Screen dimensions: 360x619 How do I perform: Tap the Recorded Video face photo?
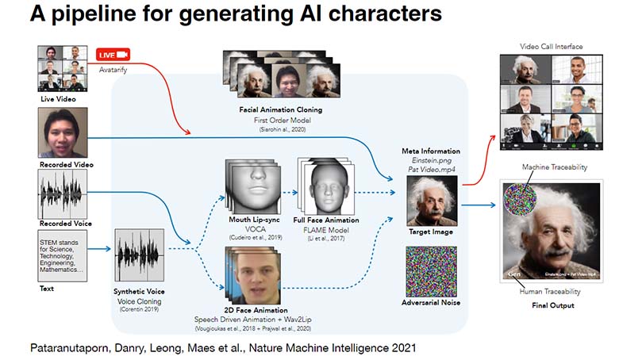[x=62, y=132]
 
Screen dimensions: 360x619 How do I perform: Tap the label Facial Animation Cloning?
[x=271, y=109]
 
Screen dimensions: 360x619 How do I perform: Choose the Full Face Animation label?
[x=327, y=220]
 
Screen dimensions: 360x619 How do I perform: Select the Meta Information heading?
[x=430, y=151]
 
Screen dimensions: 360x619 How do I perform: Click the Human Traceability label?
[x=550, y=292]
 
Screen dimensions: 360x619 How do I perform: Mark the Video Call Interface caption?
[x=550, y=48]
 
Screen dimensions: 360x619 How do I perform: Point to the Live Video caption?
[x=61, y=100]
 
